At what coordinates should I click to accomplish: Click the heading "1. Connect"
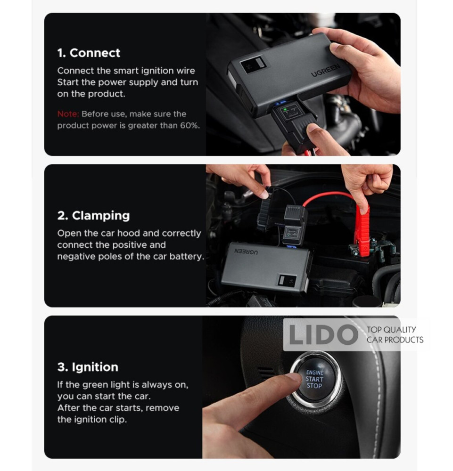click(x=89, y=53)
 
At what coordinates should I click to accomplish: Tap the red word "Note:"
click(x=68, y=114)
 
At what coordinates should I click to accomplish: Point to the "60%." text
click(x=189, y=125)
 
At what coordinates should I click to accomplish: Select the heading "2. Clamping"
click(x=93, y=216)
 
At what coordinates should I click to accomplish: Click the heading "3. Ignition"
click(x=88, y=367)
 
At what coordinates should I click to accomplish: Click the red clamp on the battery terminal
click(x=362, y=231)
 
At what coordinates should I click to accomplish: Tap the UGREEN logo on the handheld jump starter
click(x=325, y=70)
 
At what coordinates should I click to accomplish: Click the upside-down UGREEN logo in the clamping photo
click(x=246, y=252)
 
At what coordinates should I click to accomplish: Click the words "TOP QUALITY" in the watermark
click(x=391, y=330)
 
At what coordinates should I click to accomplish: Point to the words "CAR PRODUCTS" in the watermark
click(x=395, y=340)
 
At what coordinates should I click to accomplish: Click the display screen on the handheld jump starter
click(x=253, y=64)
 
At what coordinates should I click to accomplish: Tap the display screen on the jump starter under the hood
click(x=287, y=281)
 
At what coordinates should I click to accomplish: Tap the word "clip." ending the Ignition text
click(x=118, y=420)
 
